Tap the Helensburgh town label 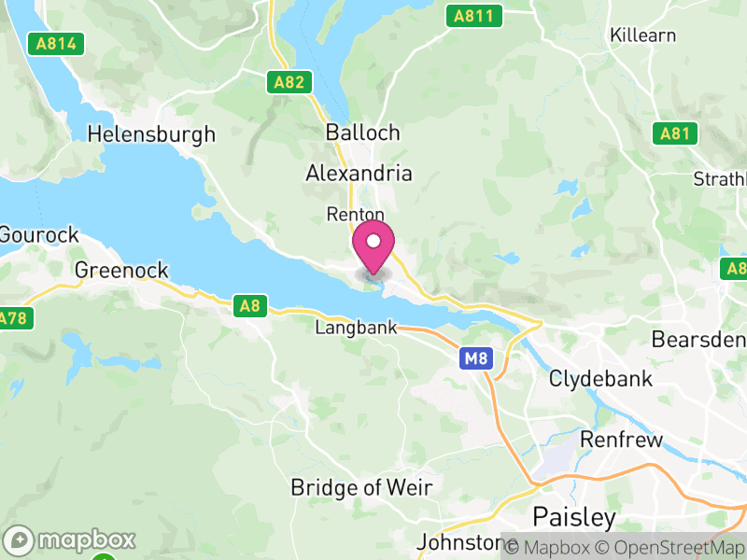point(151,134)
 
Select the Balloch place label point(363,133)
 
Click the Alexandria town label point(359,174)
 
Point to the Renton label point(356,215)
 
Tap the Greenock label point(121,271)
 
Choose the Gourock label point(39,235)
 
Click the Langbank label point(356,329)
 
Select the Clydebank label point(600,379)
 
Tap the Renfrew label point(621,440)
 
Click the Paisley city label point(574,517)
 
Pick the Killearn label point(642,35)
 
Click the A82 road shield point(289,82)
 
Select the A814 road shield point(56,43)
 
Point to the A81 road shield point(674,133)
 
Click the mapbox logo point(70,540)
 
